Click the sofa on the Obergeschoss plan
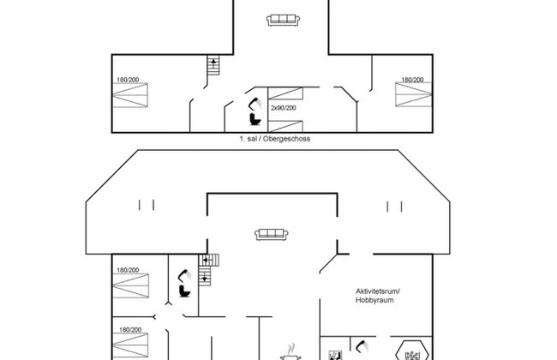point(282,20)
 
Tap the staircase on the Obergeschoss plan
point(213,65)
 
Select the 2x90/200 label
point(284,107)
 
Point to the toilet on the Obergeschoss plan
point(255,117)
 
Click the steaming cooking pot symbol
point(292,351)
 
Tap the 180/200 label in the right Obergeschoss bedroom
point(412,80)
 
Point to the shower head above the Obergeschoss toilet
point(254,100)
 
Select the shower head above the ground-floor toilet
point(182,274)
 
